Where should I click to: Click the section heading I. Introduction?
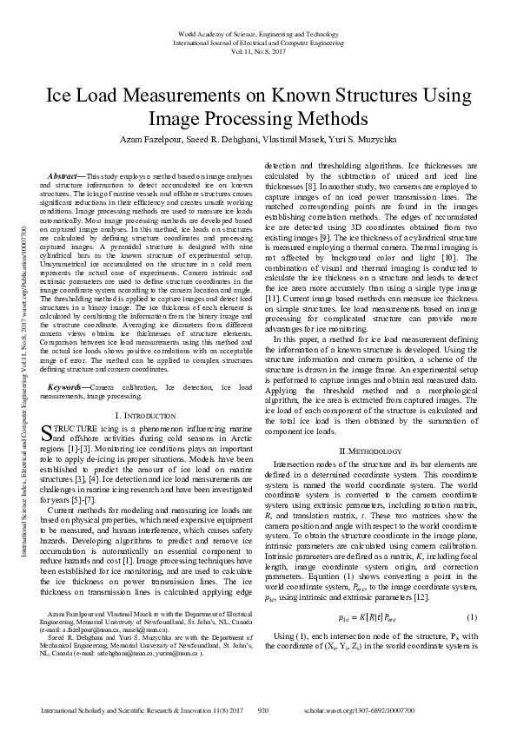(x=145, y=416)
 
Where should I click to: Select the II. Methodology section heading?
(x=370, y=451)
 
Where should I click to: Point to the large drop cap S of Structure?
(x=47, y=432)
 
